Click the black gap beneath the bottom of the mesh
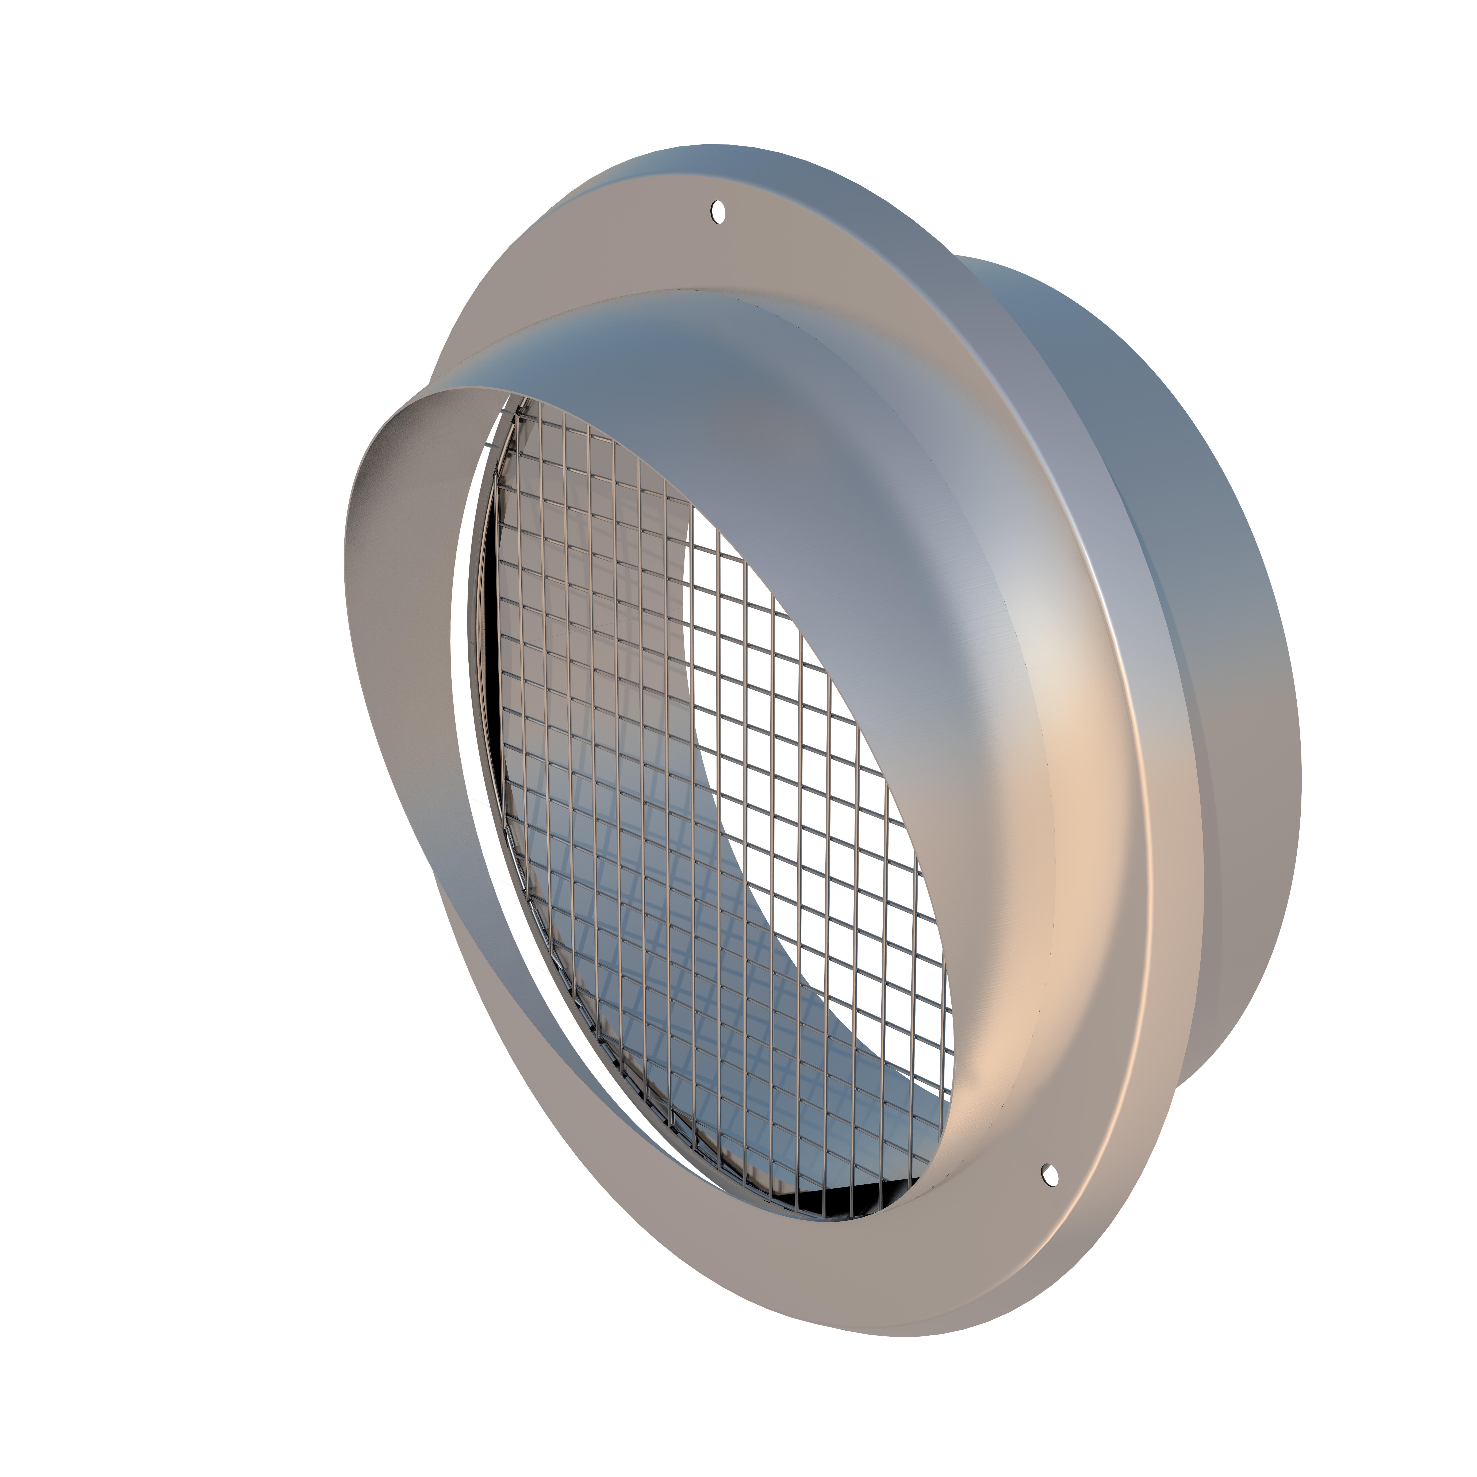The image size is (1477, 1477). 864,1212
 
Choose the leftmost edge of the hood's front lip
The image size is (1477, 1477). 346,566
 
